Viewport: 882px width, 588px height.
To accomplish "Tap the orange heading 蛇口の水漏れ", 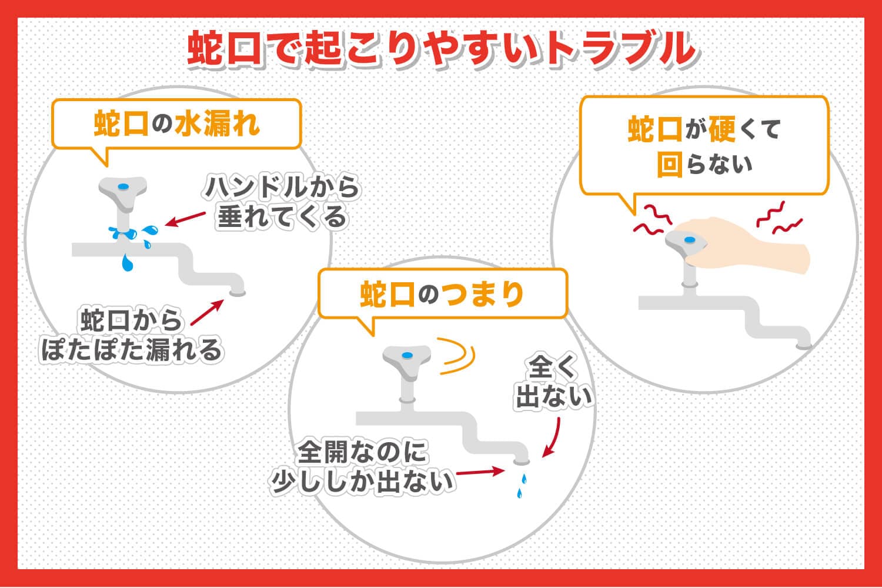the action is (x=177, y=123).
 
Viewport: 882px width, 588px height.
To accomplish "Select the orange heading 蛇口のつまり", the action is (x=442, y=294).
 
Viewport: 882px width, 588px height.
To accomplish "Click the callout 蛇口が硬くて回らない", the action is (x=704, y=146).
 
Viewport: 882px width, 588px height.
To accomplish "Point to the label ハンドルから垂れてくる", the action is (x=282, y=202).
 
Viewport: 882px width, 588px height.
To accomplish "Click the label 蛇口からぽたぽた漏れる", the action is (x=132, y=335).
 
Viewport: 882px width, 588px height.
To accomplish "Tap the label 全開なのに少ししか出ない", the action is (x=362, y=467).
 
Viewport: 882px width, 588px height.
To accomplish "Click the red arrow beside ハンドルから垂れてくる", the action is (x=185, y=219).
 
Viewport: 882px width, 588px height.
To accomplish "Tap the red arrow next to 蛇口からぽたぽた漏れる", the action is (x=207, y=312).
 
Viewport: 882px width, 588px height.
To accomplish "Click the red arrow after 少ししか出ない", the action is (x=480, y=472).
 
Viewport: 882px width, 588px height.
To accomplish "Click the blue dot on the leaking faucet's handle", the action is (x=123, y=186).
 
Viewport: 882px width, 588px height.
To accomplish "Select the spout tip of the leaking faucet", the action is (x=238, y=293).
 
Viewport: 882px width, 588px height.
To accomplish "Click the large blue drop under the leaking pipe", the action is (x=127, y=263).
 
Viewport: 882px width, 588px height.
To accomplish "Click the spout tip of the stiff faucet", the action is (x=804, y=346).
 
